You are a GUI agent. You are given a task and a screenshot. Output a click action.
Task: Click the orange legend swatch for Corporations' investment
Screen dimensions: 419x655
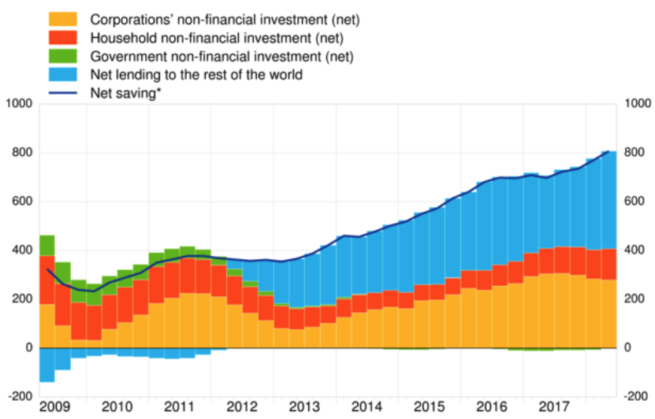click(x=64, y=17)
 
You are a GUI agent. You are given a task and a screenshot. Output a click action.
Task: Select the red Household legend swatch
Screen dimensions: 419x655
click(x=64, y=37)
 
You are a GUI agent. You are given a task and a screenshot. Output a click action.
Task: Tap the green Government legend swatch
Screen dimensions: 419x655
click(x=64, y=56)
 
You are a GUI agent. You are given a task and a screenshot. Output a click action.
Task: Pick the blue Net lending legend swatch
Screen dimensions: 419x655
click(x=64, y=75)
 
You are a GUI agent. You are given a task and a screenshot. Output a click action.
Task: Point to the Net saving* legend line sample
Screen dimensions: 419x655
click(x=64, y=94)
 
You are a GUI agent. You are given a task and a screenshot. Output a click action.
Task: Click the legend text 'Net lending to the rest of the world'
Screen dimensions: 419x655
click(x=196, y=75)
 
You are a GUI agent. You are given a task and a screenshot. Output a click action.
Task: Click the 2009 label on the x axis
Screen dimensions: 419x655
click(x=54, y=406)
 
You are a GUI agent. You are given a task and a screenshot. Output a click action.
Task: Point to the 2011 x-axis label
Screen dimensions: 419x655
click(x=179, y=406)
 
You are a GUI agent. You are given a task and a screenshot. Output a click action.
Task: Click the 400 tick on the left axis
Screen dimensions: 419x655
click(x=21, y=250)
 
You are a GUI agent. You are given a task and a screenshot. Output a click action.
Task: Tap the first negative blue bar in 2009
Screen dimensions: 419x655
click(x=47, y=364)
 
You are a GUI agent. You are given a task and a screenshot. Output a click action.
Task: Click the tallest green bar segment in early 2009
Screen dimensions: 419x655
click(x=47, y=245)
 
